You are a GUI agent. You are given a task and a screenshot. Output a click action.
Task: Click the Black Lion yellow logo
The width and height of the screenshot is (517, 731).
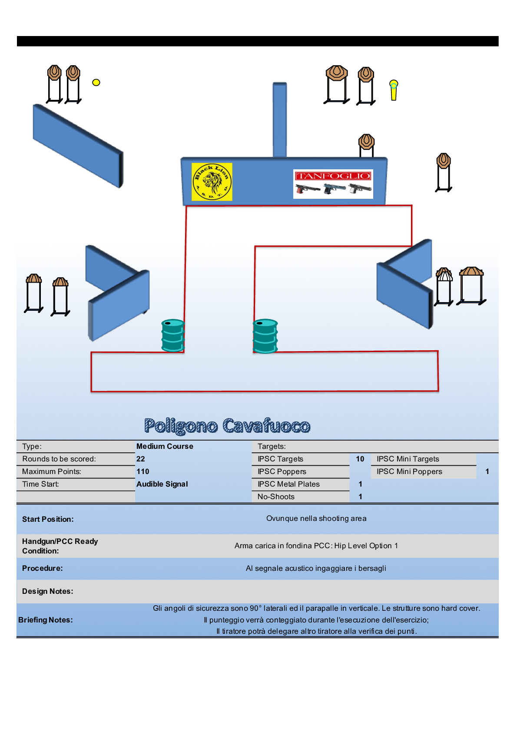(212, 182)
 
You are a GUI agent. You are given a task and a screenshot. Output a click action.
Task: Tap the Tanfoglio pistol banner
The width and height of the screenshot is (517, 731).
(333, 184)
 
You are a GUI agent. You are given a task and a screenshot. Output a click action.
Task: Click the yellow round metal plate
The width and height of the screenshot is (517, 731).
(96, 82)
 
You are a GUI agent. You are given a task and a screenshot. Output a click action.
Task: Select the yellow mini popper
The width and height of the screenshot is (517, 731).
(394, 90)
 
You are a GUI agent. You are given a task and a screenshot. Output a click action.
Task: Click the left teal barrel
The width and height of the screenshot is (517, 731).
(173, 336)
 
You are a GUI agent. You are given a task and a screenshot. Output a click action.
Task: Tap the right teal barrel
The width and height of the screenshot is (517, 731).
(265, 336)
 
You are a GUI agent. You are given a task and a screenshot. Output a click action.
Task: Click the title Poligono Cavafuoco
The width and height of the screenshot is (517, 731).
(227, 426)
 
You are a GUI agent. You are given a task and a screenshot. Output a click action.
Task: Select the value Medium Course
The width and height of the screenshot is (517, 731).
(165, 446)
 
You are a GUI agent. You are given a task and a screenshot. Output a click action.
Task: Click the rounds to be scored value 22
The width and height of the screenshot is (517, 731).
(141, 459)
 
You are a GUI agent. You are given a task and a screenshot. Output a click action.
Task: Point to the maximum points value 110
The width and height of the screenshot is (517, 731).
(143, 471)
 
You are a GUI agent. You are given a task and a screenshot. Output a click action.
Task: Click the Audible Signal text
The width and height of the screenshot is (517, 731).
(162, 484)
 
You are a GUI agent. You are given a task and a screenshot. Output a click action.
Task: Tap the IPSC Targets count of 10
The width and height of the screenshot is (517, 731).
(360, 459)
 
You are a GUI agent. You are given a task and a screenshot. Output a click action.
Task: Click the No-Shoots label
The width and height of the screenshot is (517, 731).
(276, 497)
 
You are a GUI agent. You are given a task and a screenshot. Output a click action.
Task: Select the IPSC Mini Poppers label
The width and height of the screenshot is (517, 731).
(409, 471)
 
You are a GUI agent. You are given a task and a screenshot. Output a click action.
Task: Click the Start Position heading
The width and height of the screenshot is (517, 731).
(48, 519)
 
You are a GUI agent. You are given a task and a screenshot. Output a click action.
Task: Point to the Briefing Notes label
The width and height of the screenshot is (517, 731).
(46, 620)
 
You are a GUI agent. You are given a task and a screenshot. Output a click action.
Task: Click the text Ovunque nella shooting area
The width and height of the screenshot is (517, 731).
(316, 518)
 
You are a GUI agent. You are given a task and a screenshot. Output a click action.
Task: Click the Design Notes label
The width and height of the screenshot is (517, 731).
(48, 591)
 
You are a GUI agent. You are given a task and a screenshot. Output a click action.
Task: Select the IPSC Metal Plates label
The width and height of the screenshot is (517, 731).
(288, 484)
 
